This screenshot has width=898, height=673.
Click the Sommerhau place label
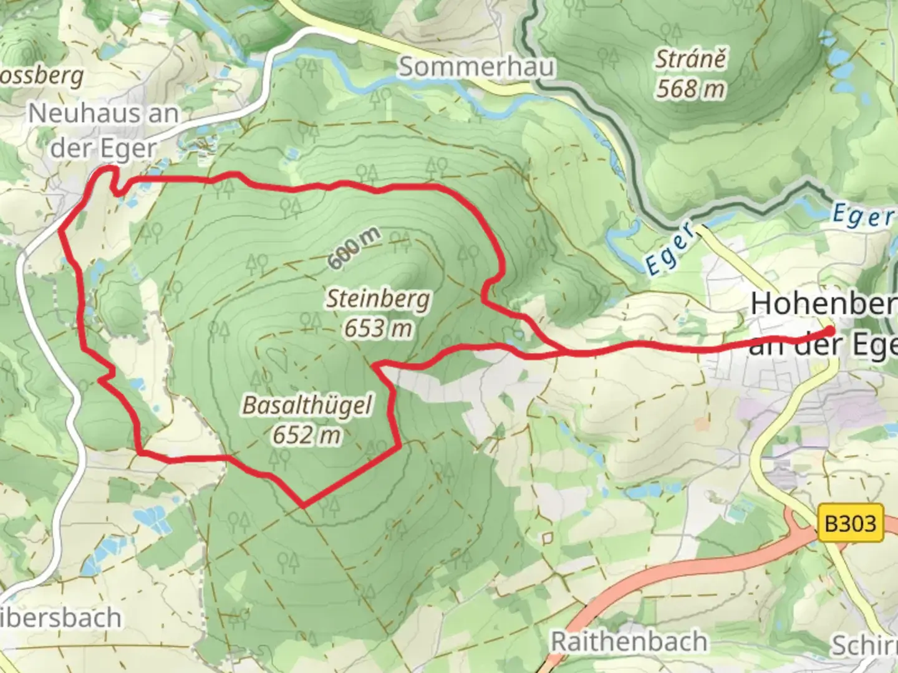tap(476, 67)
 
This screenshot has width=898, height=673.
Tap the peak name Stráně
tap(690, 59)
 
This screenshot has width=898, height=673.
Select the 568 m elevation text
tap(690, 89)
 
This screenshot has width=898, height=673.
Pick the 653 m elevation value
tap(379, 328)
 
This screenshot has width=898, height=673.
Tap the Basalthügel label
tap(307, 405)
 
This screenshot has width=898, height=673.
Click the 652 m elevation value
tap(307, 434)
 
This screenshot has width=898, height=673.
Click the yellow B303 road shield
tap(851, 523)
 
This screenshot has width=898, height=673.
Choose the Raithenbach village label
tap(629, 641)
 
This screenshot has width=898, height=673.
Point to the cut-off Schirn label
tap(865, 646)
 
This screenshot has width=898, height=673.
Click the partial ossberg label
tap(41, 76)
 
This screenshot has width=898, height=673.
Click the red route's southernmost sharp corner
tap(303, 505)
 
